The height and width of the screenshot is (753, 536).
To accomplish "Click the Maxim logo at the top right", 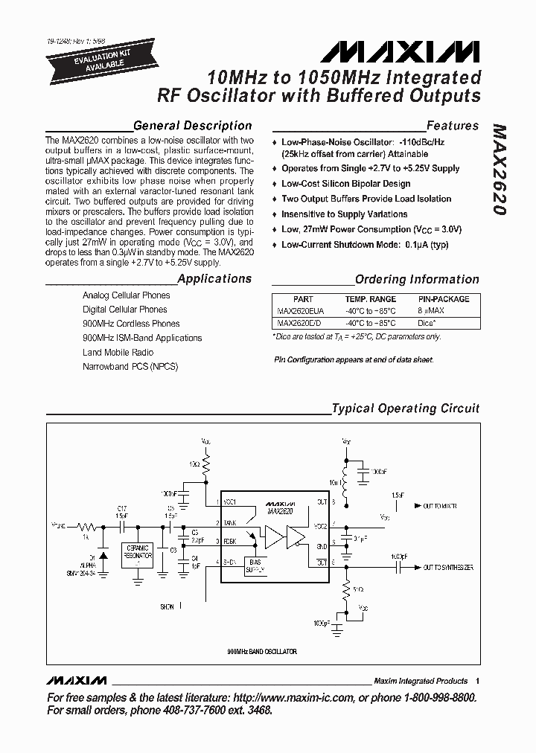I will [401, 51].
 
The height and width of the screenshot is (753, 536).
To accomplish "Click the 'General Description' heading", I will [192, 126].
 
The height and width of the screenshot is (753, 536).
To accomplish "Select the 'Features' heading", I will [452, 126].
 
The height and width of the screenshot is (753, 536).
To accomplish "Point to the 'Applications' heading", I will [214, 279].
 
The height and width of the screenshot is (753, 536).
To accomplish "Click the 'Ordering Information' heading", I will [417, 280].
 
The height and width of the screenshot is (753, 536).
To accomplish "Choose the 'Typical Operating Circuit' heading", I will [405, 408].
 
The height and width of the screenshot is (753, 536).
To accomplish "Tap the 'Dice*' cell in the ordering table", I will [427, 323].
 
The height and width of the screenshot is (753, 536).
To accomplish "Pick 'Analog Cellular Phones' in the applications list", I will [126, 295].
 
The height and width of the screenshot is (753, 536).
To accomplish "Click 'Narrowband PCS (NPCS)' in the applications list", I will [130, 366].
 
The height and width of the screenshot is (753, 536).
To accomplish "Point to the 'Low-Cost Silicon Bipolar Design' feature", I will [345, 184].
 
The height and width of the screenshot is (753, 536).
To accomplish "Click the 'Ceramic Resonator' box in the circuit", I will [138, 552].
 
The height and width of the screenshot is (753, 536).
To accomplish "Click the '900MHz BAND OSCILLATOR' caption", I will [261, 652].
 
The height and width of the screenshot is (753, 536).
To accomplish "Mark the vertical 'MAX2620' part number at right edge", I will [500, 169].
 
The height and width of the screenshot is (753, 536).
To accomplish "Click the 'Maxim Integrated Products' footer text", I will [421, 681].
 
